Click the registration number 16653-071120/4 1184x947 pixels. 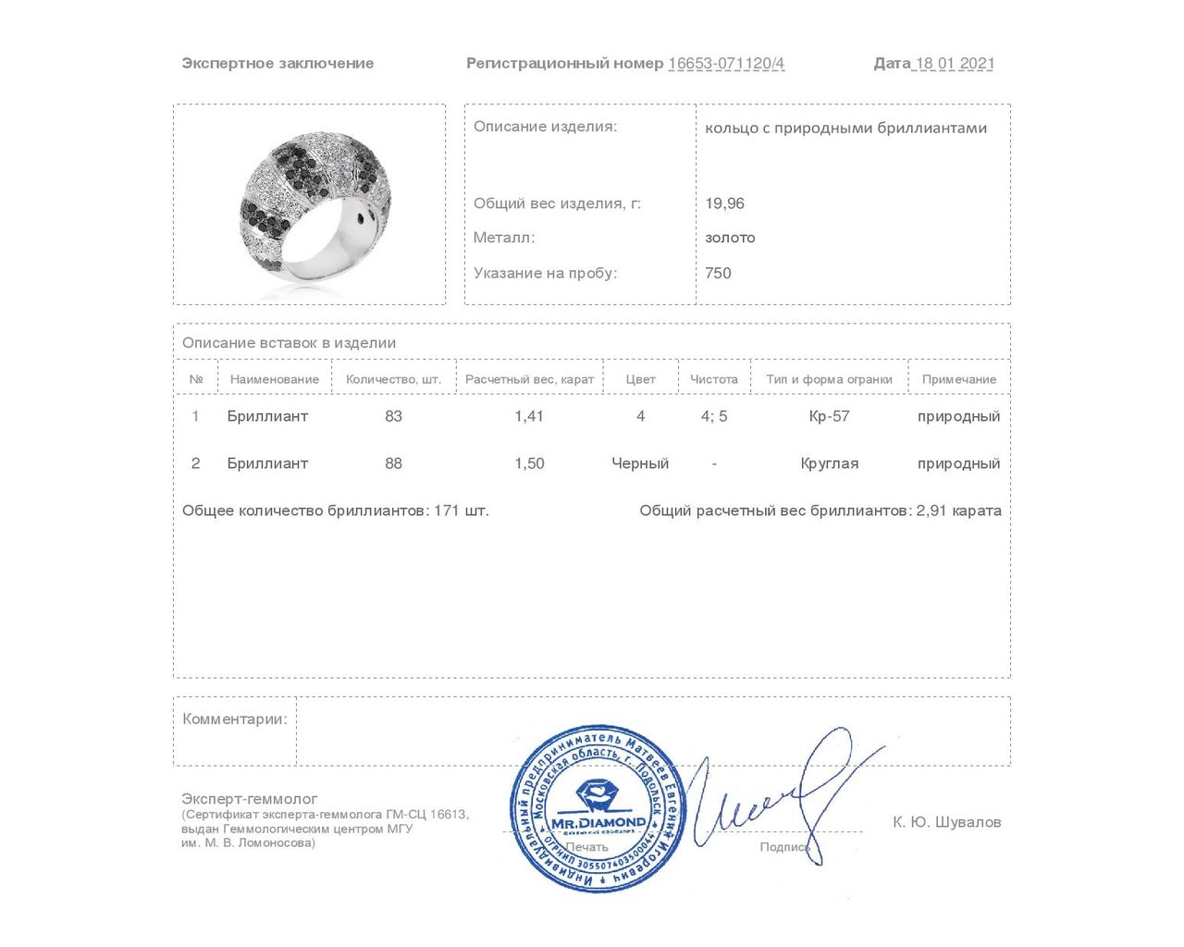pyautogui.click(x=726, y=64)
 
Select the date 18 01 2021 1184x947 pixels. pyautogui.click(x=955, y=64)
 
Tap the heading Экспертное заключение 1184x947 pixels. pyautogui.click(x=277, y=64)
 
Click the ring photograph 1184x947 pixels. pyautogui.click(x=310, y=205)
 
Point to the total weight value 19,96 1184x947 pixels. pyautogui.click(x=724, y=203)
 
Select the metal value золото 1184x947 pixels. pyautogui.click(x=730, y=238)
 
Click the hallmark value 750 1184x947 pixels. pyautogui.click(x=718, y=273)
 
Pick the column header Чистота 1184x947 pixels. pyautogui.click(x=714, y=379)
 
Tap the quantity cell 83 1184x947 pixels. pyautogui.click(x=393, y=416)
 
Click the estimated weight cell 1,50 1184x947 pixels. pyautogui.click(x=529, y=463)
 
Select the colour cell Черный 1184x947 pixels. pyautogui.click(x=640, y=463)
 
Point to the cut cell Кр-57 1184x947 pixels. pyautogui.click(x=829, y=416)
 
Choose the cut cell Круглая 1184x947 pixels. pyautogui.click(x=829, y=463)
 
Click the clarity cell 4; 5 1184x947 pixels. pyautogui.click(x=714, y=416)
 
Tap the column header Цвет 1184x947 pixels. pyautogui.click(x=640, y=379)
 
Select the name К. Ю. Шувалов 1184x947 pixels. pyautogui.click(x=946, y=822)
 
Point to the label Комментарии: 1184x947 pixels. pyautogui.click(x=235, y=719)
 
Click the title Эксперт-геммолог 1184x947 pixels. pyautogui.click(x=250, y=799)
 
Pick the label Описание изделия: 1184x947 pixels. pyautogui.click(x=545, y=127)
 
